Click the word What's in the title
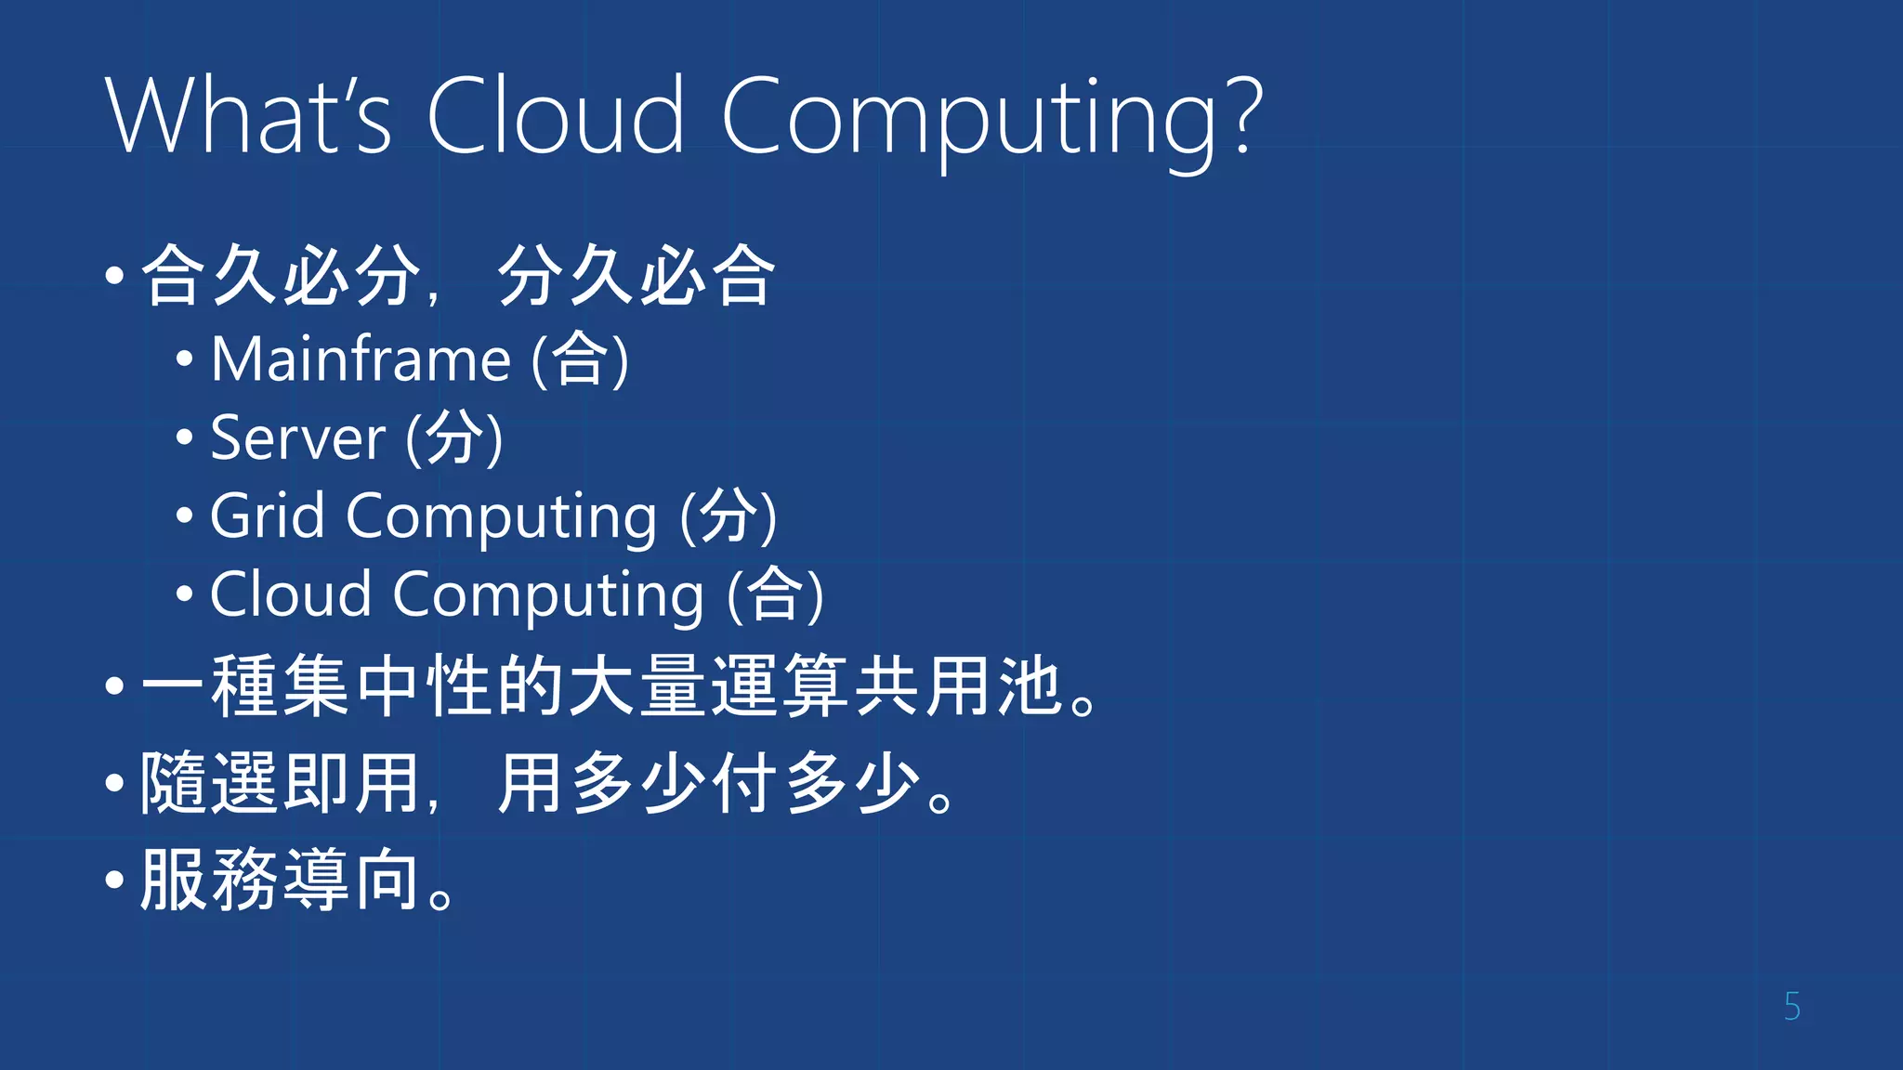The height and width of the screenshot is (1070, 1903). (249, 117)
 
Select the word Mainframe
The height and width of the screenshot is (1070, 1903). (361, 359)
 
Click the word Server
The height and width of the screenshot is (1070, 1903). (297, 438)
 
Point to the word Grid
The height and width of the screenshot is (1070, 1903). (268, 516)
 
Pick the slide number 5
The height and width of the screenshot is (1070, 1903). (1792, 1007)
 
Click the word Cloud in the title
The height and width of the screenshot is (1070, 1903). (556, 117)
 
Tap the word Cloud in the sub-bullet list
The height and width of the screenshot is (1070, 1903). (290, 594)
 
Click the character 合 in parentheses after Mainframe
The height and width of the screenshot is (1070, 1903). (581, 359)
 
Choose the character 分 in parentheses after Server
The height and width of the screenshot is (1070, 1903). (454, 437)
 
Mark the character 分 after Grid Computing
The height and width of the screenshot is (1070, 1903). (728, 515)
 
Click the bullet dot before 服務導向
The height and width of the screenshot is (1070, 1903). (114, 879)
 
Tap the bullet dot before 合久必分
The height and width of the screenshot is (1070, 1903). (114, 275)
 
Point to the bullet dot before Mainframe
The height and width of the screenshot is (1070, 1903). (184, 359)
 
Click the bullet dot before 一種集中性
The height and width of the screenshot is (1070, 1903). (114, 687)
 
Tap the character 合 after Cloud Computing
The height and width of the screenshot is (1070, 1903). (775, 594)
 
